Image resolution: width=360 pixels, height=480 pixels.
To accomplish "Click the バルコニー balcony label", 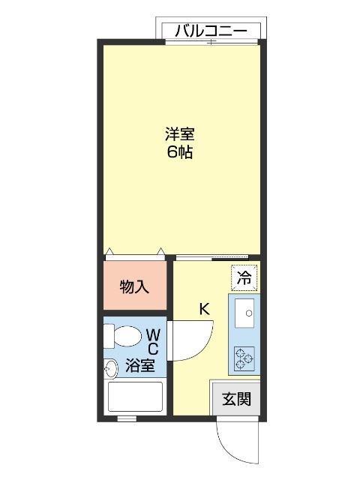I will pyautogui.click(x=211, y=31).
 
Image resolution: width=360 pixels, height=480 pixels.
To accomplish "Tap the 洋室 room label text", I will pyautogui.click(x=180, y=135).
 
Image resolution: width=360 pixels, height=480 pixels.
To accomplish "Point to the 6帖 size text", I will pyautogui.click(x=180, y=153).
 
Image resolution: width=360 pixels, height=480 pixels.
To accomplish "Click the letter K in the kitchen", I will pyautogui.click(x=203, y=307).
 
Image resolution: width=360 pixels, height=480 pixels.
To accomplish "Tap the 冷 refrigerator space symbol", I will pyautogui.click(x=244, y=276).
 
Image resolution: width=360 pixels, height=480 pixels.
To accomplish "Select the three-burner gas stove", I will pyautogui.click(x=244, y=358).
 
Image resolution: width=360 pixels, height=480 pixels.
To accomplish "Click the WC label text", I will pyautogui.click(x=152, y=341).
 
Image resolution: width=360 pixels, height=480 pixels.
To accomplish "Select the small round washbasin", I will pyautogui.click(x=111, y=367).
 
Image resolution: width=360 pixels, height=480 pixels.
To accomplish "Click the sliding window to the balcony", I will pyautogui.click(x=212, y=43).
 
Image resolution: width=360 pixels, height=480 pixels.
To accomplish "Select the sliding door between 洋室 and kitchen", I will pyautogui.click(x=217, y=257).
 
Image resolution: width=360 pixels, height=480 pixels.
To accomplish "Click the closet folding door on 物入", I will pyautogui.click(x=135, y=253).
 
